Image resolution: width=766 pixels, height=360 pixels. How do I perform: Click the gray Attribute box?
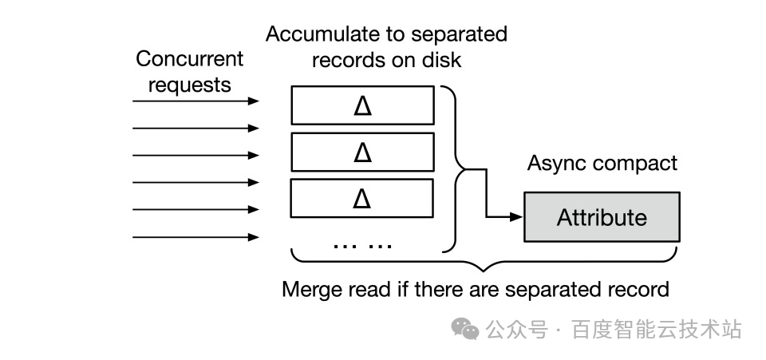coord(602,217)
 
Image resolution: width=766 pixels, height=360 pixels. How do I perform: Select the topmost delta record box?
coord(362,105)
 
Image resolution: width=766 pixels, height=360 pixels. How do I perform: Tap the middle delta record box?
coord(362,152)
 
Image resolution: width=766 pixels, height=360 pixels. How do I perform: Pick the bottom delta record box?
coord(362,198)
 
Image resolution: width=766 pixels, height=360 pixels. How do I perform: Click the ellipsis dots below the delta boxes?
coord(362,245)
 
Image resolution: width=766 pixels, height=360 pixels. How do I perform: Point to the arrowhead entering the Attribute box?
coord(516,216)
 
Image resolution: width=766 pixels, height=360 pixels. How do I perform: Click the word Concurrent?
coord(190,59)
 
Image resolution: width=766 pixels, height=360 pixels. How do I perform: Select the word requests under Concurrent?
coord(190,85)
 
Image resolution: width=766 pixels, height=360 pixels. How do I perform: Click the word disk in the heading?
coord(442,60)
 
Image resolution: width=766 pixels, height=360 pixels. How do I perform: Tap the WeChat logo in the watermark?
coord(465,328)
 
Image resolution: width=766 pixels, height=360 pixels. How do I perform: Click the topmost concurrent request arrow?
coord(195,101)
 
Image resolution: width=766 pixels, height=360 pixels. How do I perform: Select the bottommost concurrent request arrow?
coord(195,237)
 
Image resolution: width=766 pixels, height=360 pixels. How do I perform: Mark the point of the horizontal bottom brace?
coord(484,271)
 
